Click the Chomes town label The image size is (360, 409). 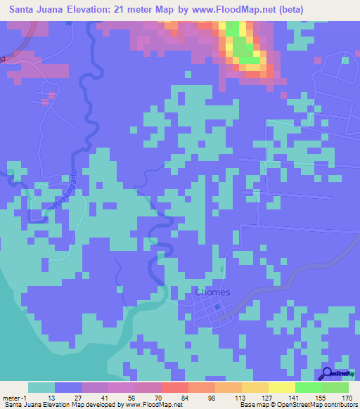210,292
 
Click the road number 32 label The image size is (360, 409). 3,59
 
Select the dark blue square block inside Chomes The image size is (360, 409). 217,307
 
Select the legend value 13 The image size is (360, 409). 51,398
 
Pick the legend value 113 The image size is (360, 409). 238,398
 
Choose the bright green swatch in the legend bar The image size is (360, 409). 309,387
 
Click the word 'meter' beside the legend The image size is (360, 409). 11,398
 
